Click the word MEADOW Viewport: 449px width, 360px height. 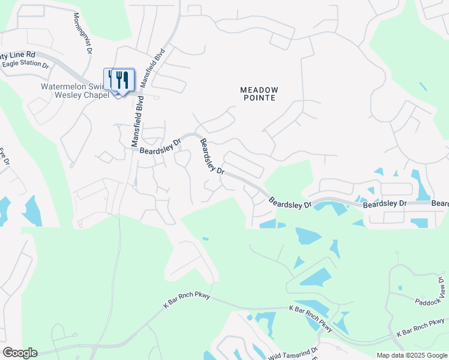(x=259, y=89)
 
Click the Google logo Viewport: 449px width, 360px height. (x=19, y=353)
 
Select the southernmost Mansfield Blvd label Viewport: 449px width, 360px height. (x=137, y=122)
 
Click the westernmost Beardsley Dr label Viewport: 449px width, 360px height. (x=160, y=146)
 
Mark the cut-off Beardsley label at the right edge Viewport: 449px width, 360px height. (x=440, y=204)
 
